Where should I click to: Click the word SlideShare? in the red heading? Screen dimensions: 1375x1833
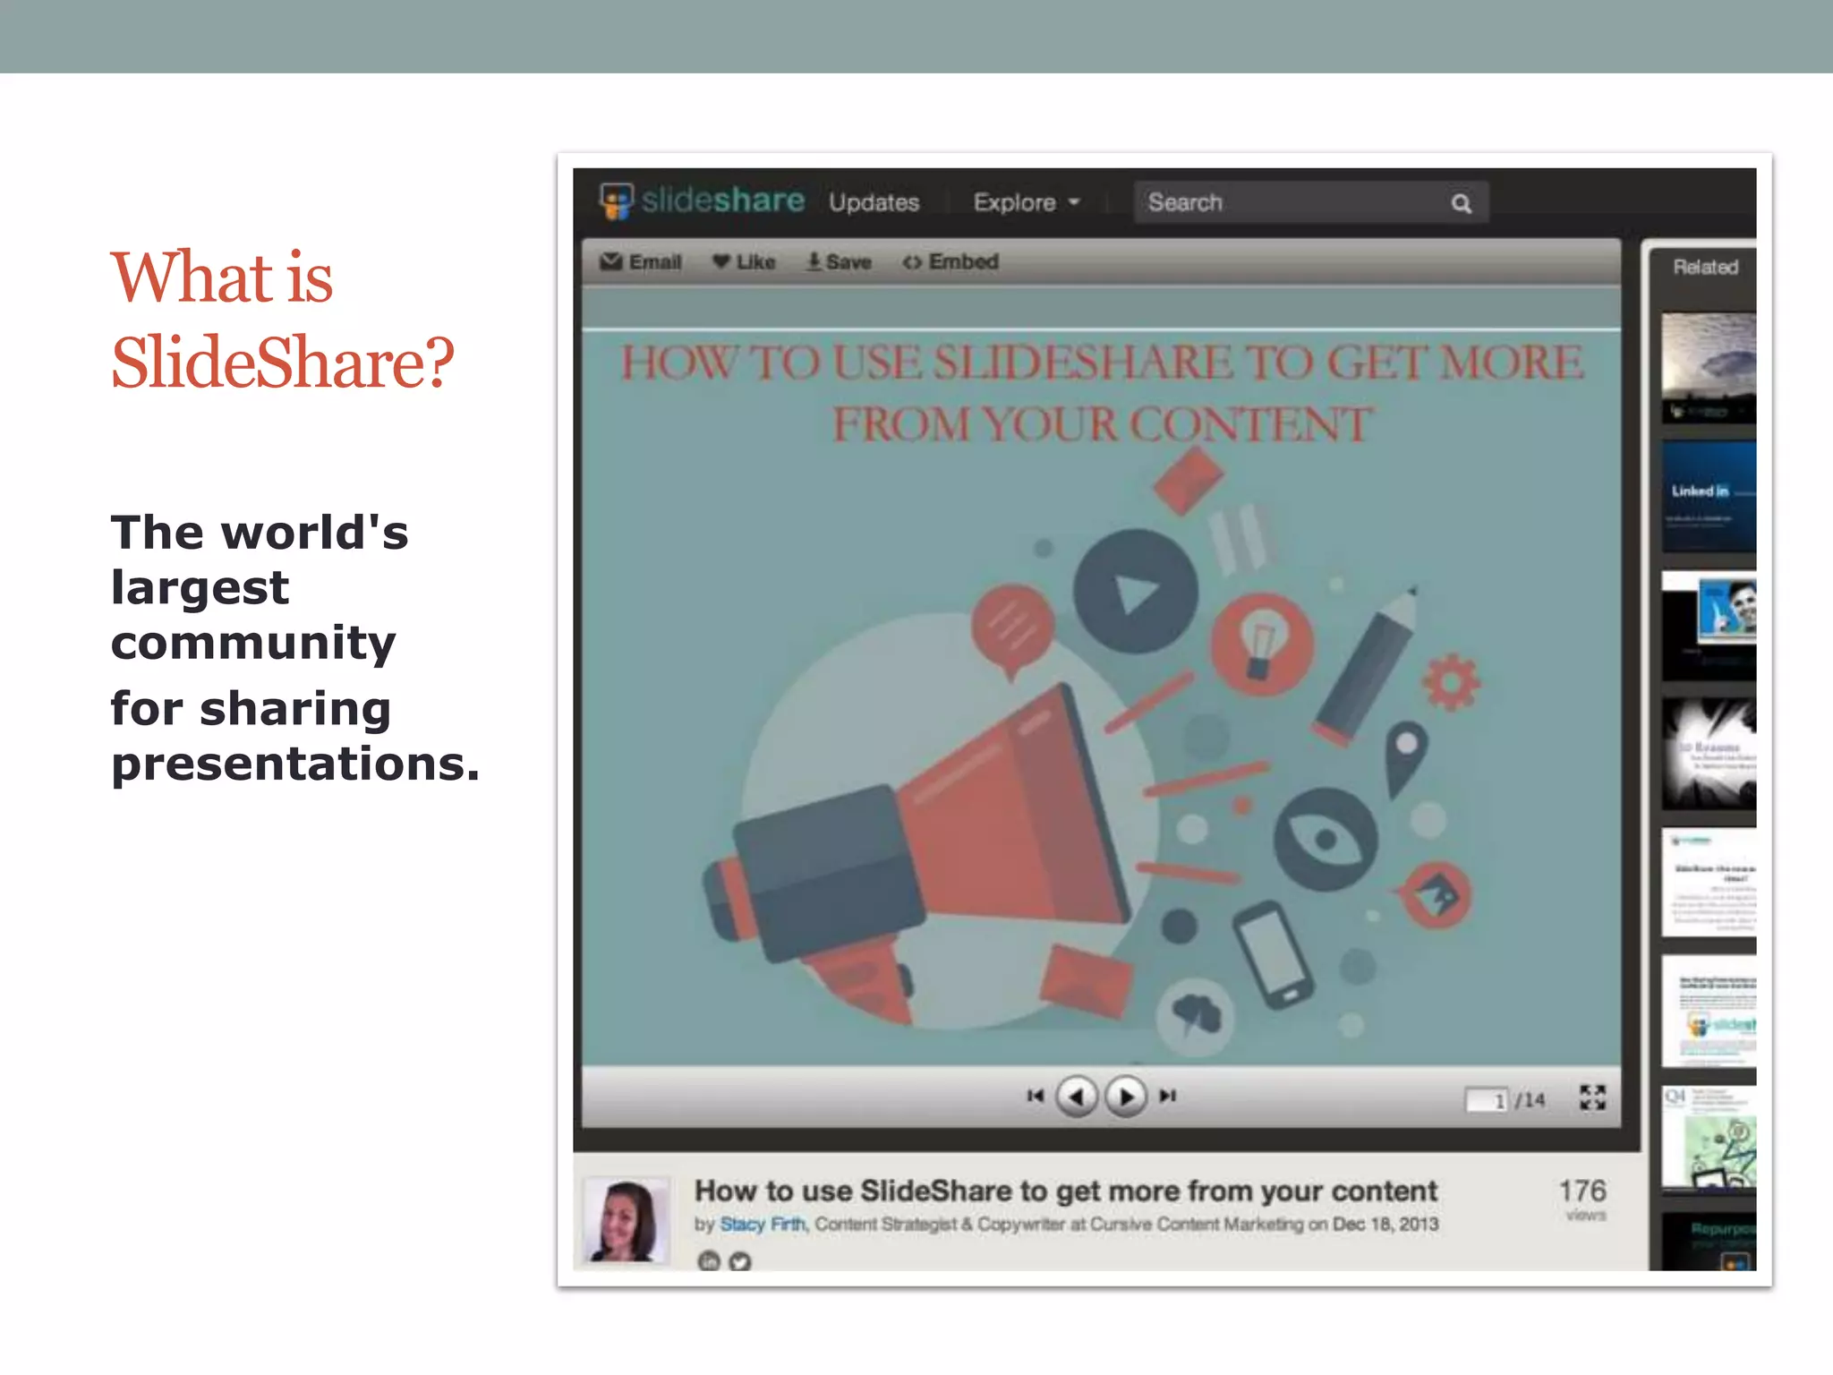pos(283,363)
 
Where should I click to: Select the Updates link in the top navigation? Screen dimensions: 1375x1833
pos(874,202)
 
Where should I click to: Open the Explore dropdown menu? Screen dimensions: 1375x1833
pos(1026,202)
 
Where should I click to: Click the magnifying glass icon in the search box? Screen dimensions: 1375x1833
pos(1461,203)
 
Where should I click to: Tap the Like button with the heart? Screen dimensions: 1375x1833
pos(744,261)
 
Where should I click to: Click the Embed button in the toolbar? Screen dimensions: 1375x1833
pos(951,261)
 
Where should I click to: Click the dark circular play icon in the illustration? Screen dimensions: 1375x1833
pos(1135,591)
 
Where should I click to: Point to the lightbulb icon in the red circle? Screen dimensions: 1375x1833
pos(1261,645)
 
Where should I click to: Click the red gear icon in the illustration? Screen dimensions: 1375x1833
pos(1451,682)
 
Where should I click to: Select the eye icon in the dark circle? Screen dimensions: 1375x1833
pos(1326,839)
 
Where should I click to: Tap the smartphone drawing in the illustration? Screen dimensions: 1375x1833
pos(1272,955)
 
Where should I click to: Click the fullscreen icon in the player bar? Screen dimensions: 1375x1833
pos(1592,1097)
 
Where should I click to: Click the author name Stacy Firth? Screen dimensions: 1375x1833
pos(763,1224)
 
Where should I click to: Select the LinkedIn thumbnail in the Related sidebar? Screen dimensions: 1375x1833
pos(1709,496)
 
